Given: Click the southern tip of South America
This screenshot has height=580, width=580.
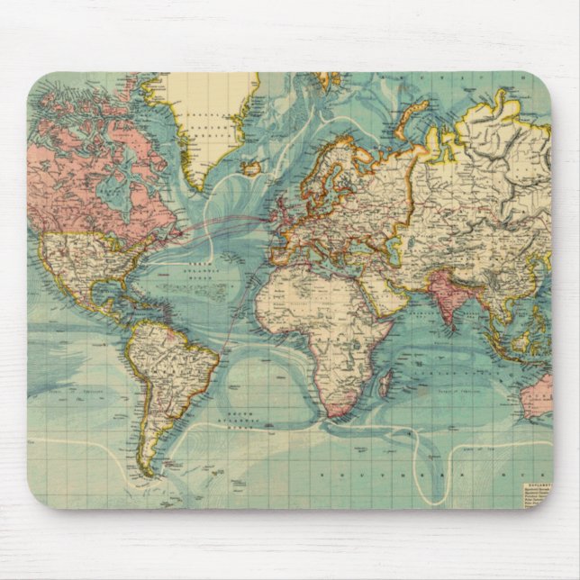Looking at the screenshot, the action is click(x=146, y=469).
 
